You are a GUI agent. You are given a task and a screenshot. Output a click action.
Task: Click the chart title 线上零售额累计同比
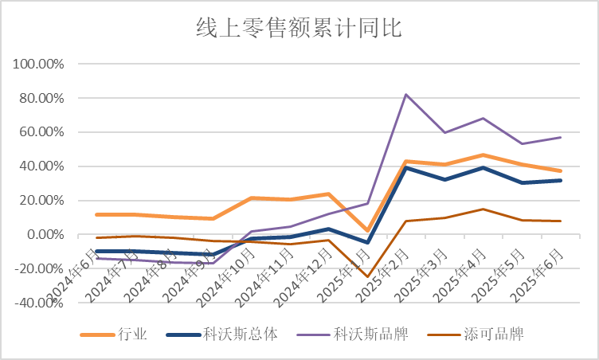299,29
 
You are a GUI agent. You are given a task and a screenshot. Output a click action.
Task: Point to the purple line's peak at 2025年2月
406,95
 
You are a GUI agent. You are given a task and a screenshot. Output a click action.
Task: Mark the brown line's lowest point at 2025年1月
367,276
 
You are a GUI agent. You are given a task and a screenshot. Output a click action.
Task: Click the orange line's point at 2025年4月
484,155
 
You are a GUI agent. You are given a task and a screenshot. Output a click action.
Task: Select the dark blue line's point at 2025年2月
406,167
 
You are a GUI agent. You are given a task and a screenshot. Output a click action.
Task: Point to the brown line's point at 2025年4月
484,209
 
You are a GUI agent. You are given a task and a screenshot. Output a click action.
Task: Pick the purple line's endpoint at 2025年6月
562,137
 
